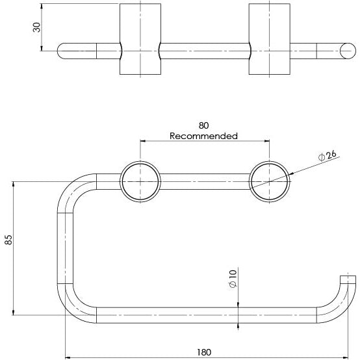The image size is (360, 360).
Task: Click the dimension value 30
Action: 37,27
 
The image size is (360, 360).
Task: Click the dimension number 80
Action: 203,126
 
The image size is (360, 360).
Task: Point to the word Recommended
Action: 203,136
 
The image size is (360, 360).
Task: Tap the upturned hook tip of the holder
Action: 350,280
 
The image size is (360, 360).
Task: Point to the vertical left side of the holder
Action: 66,247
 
